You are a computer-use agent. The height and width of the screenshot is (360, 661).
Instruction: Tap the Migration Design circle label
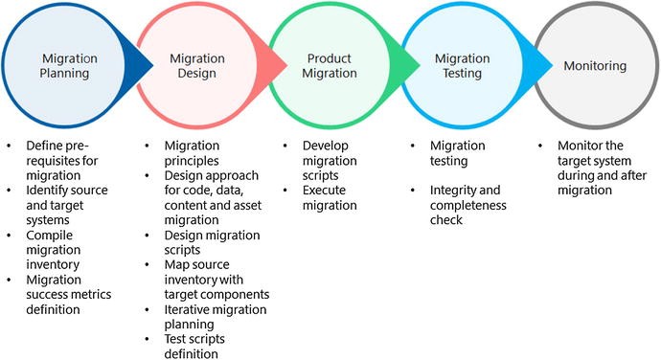click(x=196, y=66)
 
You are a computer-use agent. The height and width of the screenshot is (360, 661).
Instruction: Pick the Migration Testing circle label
click(x=465, y=66)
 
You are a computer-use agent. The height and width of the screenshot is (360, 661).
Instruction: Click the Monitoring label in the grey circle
click(x=595, y=66)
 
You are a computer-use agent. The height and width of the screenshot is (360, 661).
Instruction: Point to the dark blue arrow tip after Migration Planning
click(x=147, y=64)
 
